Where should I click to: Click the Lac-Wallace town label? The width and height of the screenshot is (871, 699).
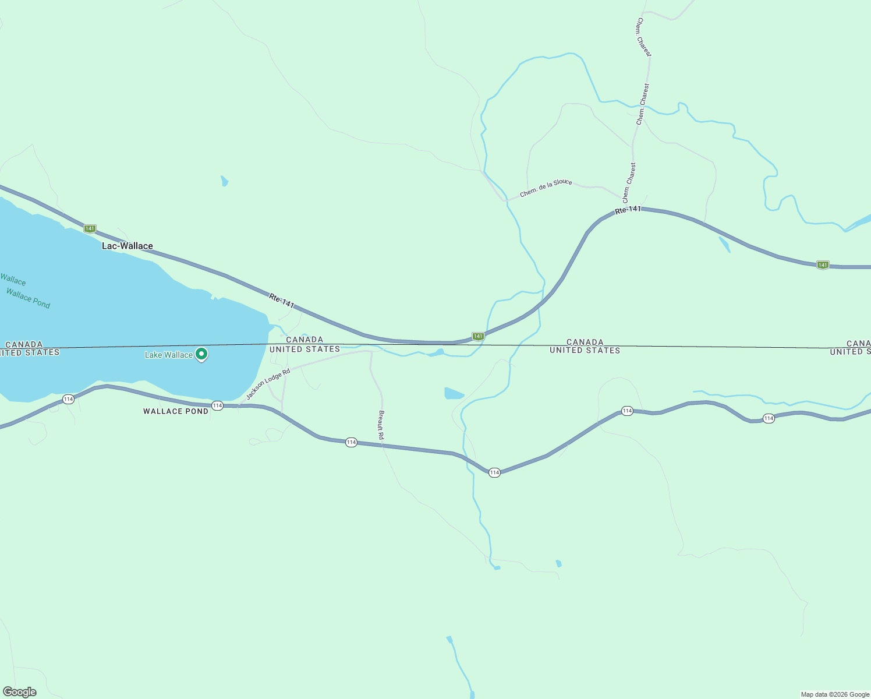click(x=128, y=246)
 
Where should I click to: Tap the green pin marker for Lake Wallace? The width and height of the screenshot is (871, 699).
click(x=201, y=354)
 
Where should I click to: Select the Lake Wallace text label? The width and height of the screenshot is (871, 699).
click(x=168, y=355)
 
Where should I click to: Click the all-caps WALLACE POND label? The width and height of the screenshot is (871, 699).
click(x=176, y=411)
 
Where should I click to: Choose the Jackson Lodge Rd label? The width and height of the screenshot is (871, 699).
click(x=268, y=384)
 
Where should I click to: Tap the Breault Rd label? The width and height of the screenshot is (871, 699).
click(x=381, y=425)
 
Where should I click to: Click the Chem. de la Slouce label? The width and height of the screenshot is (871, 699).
click(x=546, y=188)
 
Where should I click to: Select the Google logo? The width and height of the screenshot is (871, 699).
click(x=20, y=692)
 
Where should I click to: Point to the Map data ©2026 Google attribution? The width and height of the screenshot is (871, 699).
click(x=835, y=694)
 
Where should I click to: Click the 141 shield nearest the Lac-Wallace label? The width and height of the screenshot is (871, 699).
click(x=90, y=228)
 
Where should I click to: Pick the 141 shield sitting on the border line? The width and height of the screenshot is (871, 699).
click(x=477, y=336)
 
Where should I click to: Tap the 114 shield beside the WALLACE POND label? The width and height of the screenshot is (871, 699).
click(x=217, y=405)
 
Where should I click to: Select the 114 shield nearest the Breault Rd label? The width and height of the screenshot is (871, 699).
click(x=351, y=443)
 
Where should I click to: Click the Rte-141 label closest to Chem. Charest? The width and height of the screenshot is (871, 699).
click(x=628, y=210)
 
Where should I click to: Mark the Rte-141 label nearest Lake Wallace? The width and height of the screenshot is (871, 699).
click(x=281, y=301)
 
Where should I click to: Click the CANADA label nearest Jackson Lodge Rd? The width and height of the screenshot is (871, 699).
click(x=305, y=340)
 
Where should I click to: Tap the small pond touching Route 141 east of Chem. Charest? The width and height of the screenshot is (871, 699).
click(x=724, y=243)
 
